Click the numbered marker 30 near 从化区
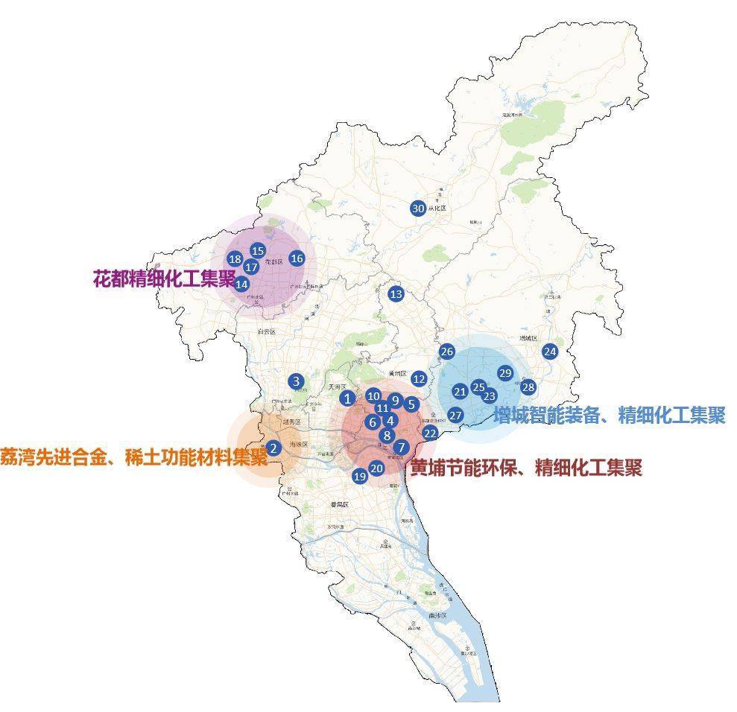click(x=417, y=209)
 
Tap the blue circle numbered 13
click(x=396, y=294)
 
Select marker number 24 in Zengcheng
click(x=550, y=352)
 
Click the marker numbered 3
click(x=297, y=382)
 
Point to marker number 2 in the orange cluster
click(x=273, y=448)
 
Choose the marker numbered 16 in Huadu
click(x=297, y=258)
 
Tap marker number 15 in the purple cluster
click(x=258, y=251)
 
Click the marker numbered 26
click(x=447, y=352)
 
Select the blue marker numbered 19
click(x=360, y=476)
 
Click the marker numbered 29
click(x=505, y=373)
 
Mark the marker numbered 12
click(x=419, y=379)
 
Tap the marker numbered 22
click(x=430, y=433)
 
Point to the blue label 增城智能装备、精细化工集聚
click(x=608, y=415)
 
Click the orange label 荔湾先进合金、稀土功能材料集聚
click(x=134, y=455)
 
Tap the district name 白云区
click(x=266, y=331)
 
